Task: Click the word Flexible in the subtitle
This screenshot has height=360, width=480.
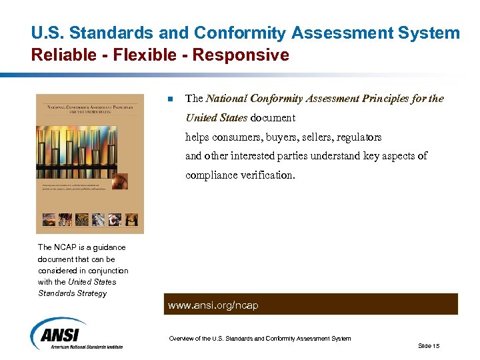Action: point(145,55)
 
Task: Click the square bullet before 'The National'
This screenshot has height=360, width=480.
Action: point(170,99)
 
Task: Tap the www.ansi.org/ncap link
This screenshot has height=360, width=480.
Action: point(213,305)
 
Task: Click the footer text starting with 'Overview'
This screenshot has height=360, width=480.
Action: point(259,339)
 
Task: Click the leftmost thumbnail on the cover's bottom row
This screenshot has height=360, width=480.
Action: point(49,219)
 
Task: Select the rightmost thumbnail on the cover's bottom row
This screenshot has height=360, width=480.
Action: point(131,219)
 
